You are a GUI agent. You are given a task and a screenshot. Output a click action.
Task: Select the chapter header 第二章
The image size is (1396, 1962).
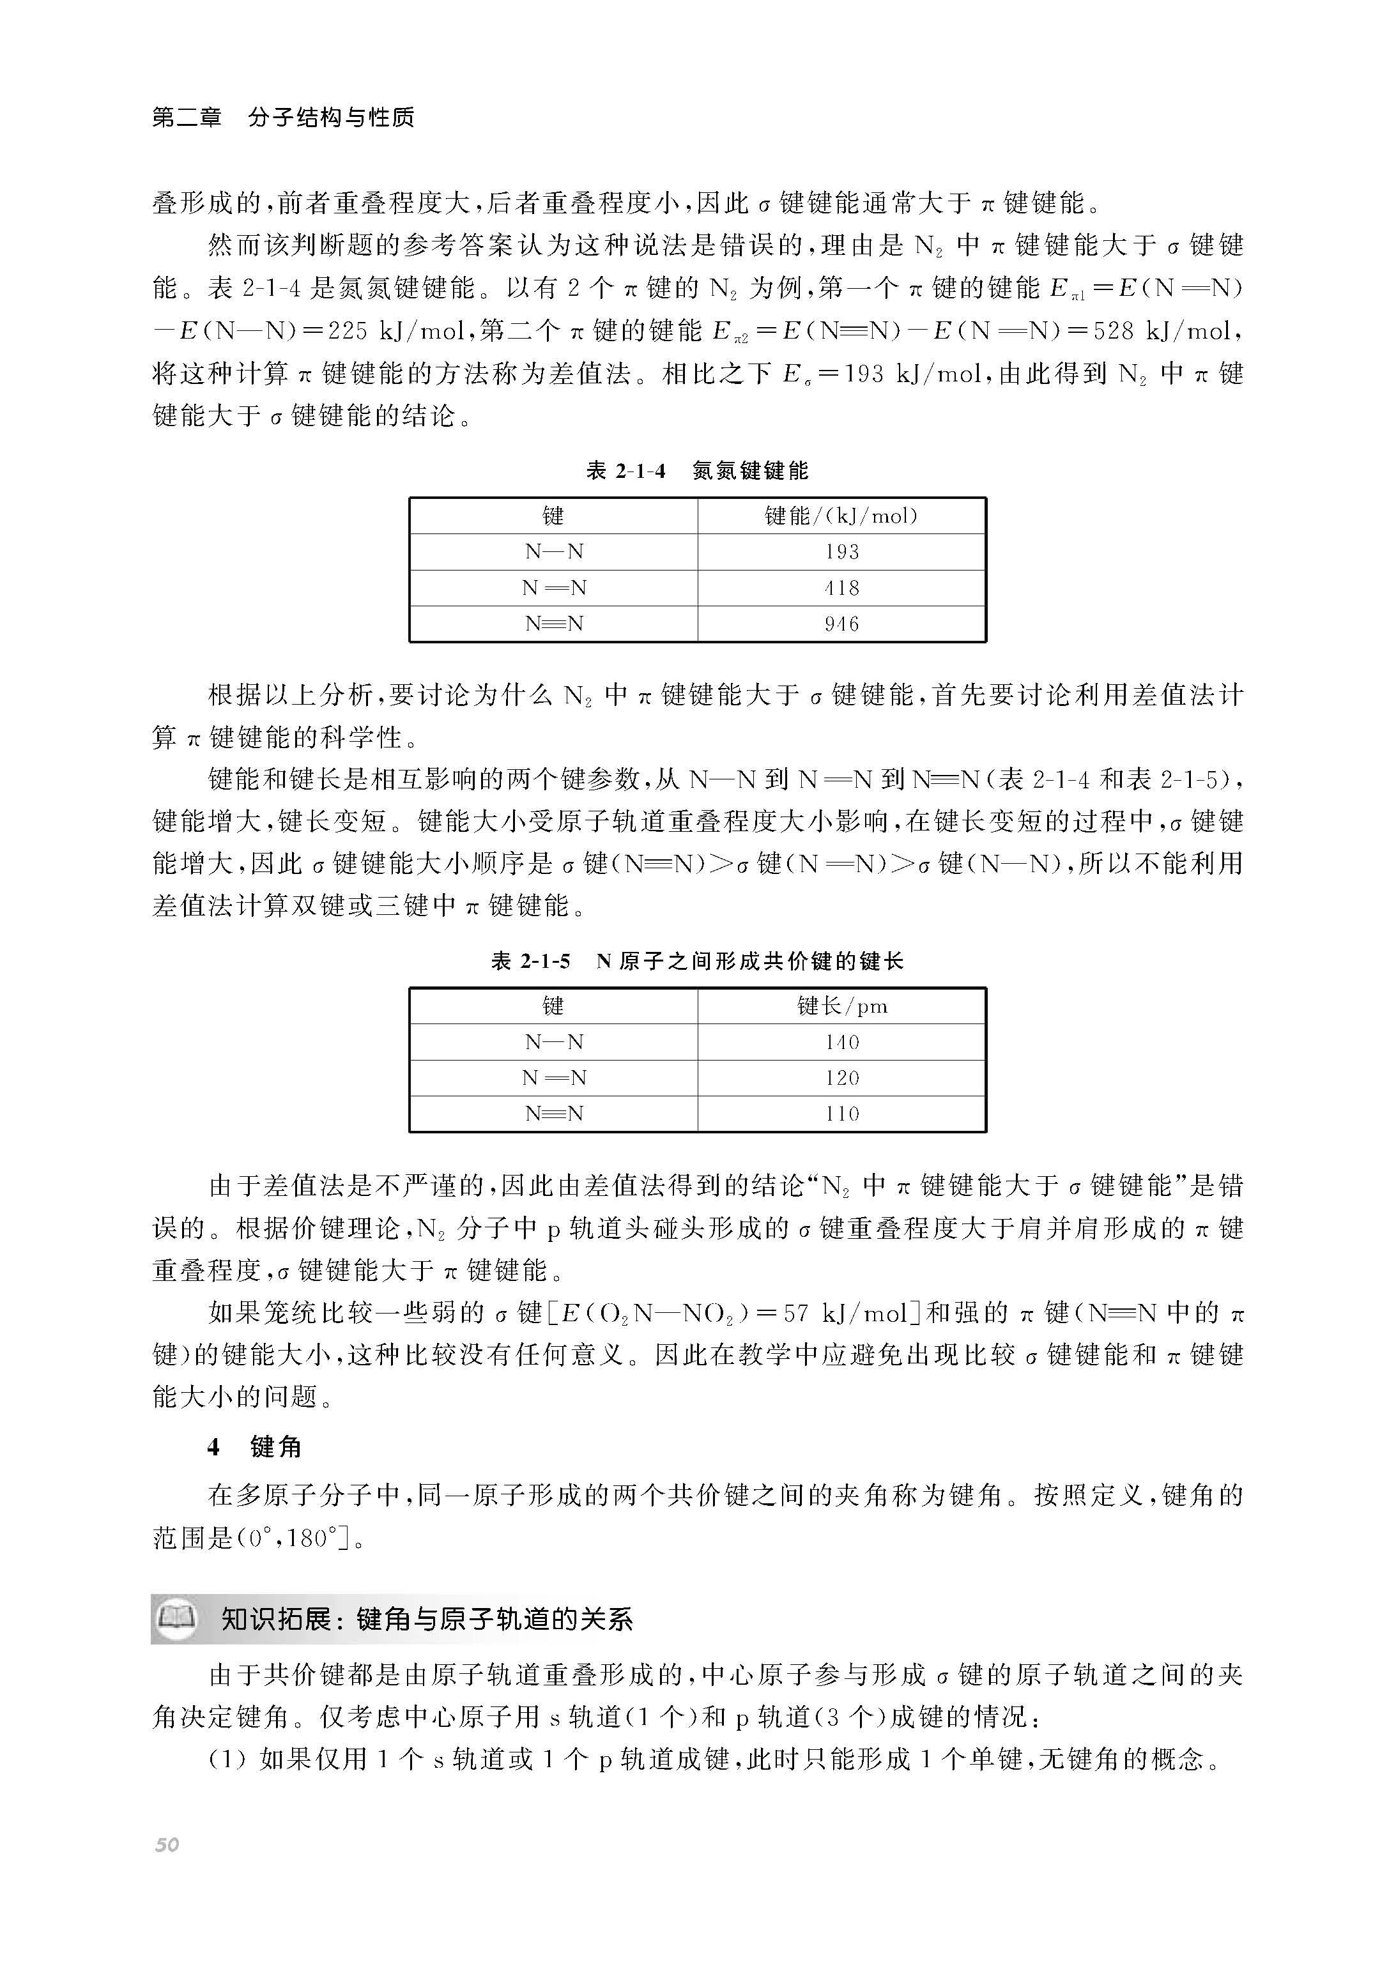click(187, 117)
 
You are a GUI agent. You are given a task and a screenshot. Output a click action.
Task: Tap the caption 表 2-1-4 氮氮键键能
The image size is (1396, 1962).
click(697, 470)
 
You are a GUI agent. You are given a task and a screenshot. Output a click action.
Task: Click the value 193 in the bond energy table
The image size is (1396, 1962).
click(841, 552)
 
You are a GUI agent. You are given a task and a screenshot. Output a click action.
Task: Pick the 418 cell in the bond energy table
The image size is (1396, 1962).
click(841, 588)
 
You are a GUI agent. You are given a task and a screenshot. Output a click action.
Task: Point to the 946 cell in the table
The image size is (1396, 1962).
click(841, 624)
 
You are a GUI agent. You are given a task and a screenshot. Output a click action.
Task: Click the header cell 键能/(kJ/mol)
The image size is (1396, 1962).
click(841, 516)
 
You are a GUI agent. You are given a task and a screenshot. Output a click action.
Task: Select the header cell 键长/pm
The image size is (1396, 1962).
click(841, 1006)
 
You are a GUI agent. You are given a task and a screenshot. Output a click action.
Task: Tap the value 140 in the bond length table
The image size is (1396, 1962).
click(841, 1041)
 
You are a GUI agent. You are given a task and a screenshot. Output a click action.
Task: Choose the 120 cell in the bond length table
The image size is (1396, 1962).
click(841, 1078)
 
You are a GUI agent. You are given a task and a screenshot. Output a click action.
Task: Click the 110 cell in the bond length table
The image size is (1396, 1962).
click(841, 1114)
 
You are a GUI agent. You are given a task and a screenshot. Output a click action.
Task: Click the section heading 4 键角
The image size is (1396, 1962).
click(254, 1446)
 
